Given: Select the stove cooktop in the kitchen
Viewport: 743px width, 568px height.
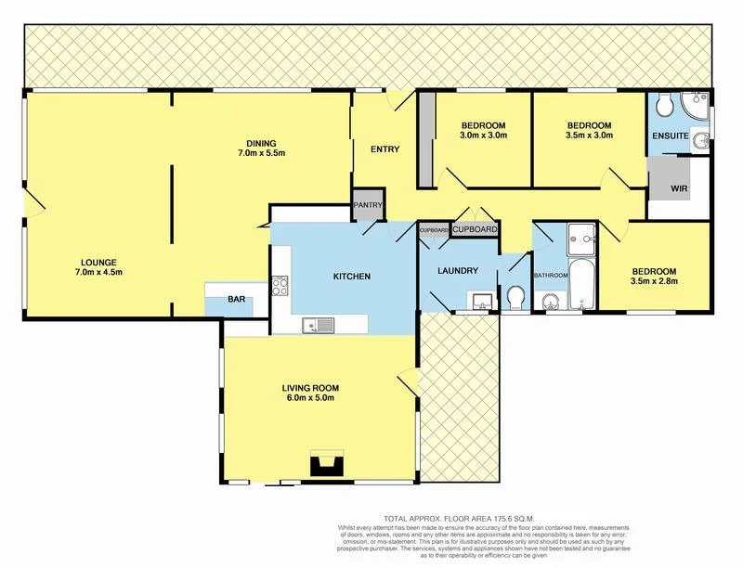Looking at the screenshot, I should point(280,288).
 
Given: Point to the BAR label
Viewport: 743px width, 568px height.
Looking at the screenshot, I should point(237,301).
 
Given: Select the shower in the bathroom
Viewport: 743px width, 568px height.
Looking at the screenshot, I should point(579,239).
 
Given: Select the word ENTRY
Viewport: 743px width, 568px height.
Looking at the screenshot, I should point(385,149).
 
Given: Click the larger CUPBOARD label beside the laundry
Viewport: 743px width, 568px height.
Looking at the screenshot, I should point(476,228).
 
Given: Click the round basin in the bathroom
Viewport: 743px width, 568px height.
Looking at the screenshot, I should point(548,299).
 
